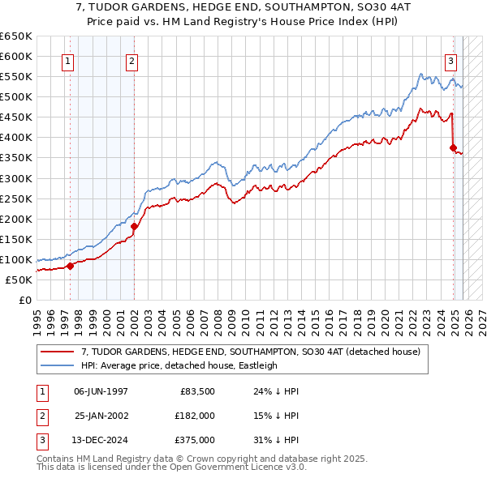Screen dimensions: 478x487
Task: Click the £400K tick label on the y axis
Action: click(16, 138)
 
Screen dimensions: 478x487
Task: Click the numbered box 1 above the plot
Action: click(68, 59)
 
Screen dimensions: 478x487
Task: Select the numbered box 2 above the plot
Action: click(131, 59)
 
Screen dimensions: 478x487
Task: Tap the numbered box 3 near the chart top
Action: click(450, 59)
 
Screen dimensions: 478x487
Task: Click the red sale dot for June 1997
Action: click(70, 266)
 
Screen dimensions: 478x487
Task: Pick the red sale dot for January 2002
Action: click(135, 226)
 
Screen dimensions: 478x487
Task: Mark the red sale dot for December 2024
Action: click(454, 147)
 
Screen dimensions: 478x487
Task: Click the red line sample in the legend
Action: click(57, 352)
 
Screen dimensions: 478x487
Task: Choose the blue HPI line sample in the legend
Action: click(57, 365)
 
